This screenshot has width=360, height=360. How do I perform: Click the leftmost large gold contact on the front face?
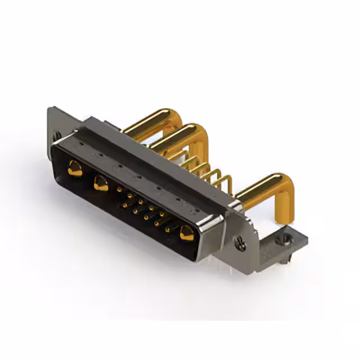tap(74, 168)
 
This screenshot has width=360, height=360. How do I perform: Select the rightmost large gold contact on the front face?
tap(186, 232)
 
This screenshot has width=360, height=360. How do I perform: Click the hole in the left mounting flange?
tap(57, 135)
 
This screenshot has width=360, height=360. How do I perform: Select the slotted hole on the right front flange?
tap(241, 244)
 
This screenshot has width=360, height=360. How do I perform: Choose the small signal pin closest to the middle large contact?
tap(119, 190)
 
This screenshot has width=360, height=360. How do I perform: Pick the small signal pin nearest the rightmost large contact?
tap(168, 229)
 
